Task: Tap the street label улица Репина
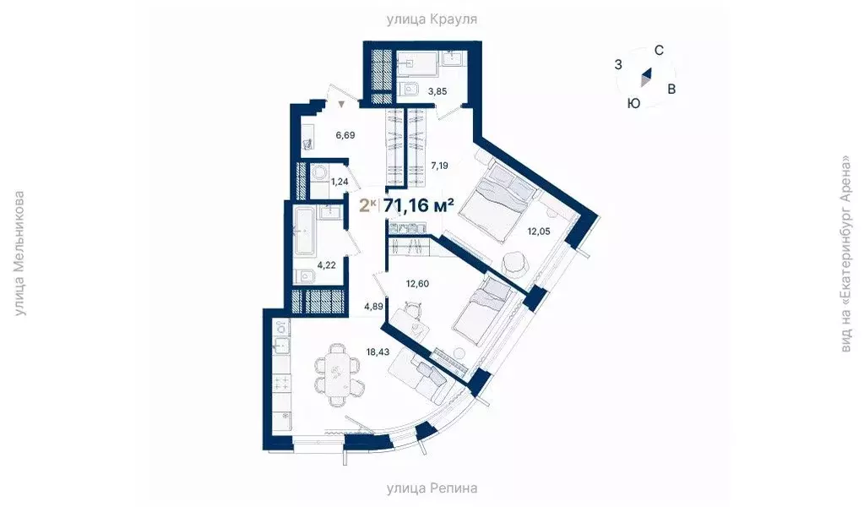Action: click(432, 488)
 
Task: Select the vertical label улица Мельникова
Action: click(19, 253)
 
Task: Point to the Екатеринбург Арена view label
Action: click(845, 253)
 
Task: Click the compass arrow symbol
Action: click(646, 79)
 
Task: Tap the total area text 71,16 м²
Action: click(419, 205)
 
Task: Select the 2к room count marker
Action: click(367, 205)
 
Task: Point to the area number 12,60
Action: click(416, 283)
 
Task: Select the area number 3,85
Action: click(437, 91)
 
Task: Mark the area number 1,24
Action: click(340, 181)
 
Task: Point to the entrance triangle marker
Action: click(341, 105)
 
